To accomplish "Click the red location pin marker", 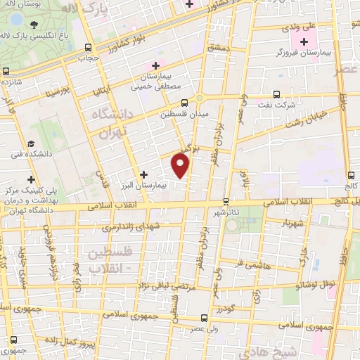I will coord(181,165).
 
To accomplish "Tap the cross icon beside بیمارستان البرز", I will coord(144,174).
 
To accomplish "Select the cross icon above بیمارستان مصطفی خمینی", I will coord(165,65).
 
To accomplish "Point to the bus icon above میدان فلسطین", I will coord(184,103).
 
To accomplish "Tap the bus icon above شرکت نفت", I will coord(276,94).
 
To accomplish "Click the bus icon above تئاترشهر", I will coord(225,201).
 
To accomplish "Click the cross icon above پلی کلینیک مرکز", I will coord(31,179).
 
